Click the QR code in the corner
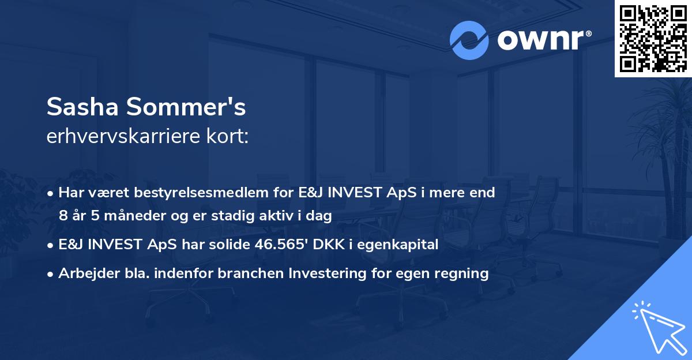click(653, 38)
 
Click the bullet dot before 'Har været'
click(52, 193)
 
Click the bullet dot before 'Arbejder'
click(52, 274)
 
